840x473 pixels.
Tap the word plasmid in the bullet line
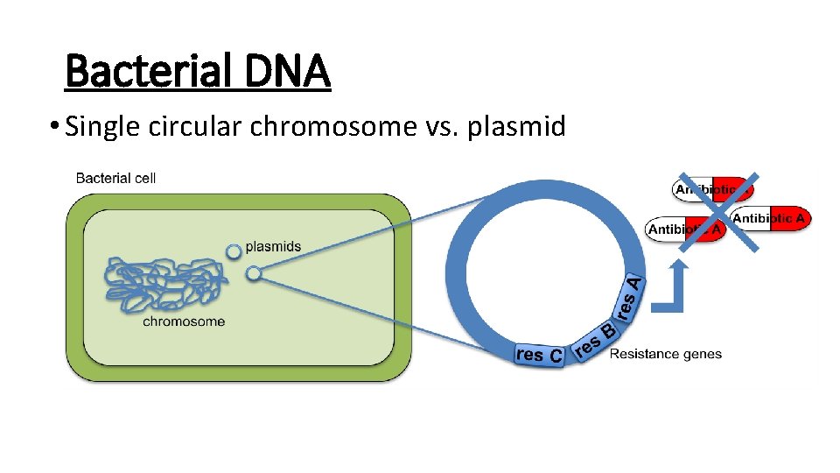point(516,127)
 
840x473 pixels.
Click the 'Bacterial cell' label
point(115,178)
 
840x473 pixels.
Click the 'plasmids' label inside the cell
point(273,246)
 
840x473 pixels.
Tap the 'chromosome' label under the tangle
point(184,321)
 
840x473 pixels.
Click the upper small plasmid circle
point(233,252)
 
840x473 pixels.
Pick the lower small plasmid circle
point(253,274)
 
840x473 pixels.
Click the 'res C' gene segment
point(539,355)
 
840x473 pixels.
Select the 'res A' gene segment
point(631,299)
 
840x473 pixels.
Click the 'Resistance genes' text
point(665,354)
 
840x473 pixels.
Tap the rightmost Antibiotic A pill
point(771,218)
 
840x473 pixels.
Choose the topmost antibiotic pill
point(711,189)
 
